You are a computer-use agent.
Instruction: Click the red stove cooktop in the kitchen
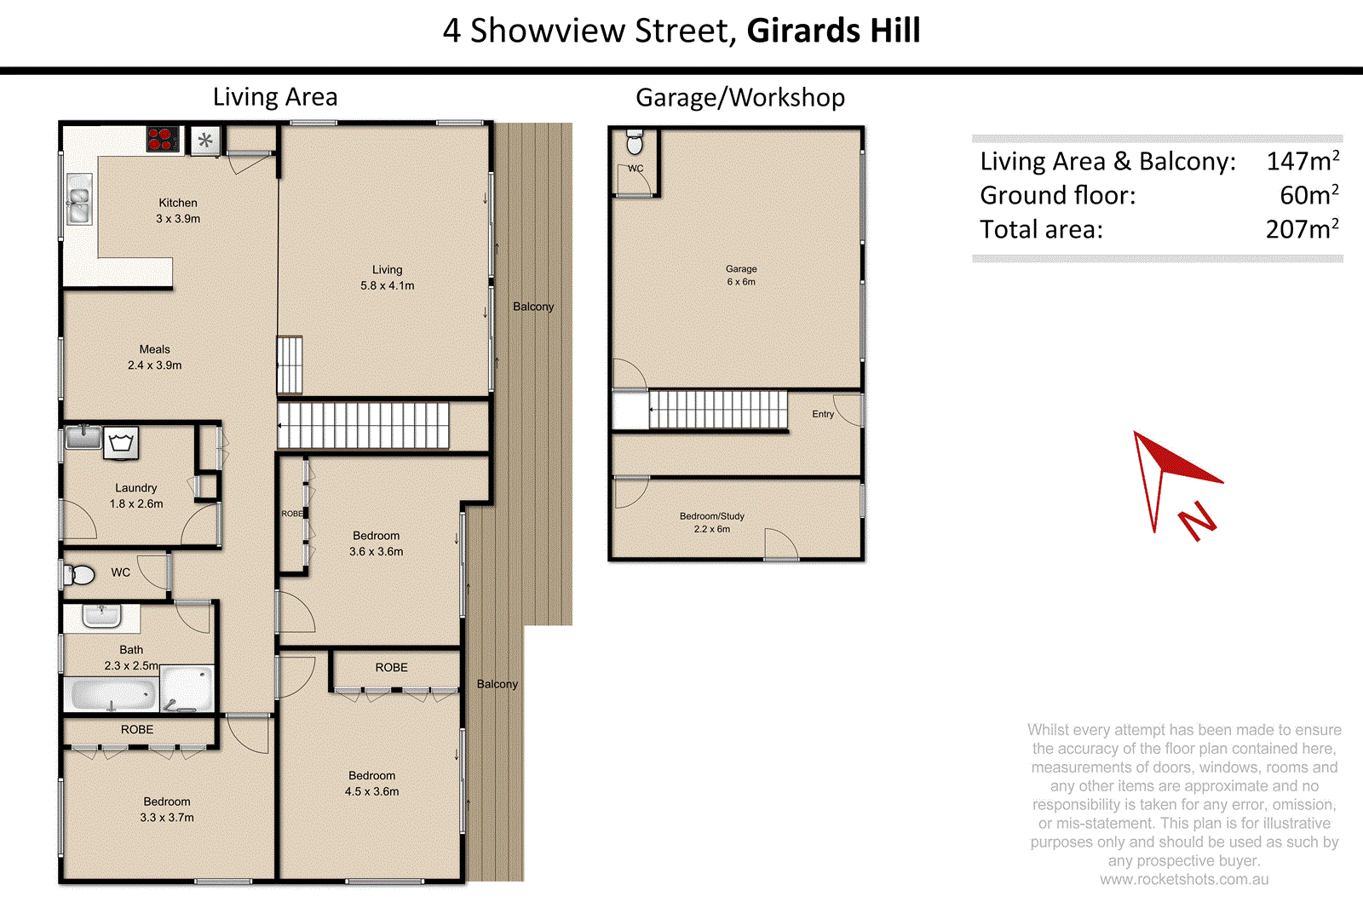(162, 139)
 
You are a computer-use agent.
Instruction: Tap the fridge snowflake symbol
(205, 141)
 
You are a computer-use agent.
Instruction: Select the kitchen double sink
(79, 199)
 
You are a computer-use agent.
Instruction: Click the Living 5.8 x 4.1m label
(387, 278)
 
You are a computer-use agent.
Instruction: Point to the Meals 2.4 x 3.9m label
(154, 357)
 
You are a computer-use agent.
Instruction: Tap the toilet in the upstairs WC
(80, 574)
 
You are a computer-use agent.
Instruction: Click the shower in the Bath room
(187, 689)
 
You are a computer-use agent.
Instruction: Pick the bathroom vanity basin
(101, 615)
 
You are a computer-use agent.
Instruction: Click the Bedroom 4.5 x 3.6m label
(371, 784)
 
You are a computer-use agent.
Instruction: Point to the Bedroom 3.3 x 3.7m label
(167, 809)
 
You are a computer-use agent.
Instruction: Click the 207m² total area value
(1302, 229)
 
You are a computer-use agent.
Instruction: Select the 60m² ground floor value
(1308, 195)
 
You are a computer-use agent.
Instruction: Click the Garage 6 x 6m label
(741, 275)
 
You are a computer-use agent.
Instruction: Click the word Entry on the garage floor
(823, 414)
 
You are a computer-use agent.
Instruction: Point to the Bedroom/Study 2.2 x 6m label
(712, 522)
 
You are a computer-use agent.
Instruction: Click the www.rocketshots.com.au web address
(1183, 880)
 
